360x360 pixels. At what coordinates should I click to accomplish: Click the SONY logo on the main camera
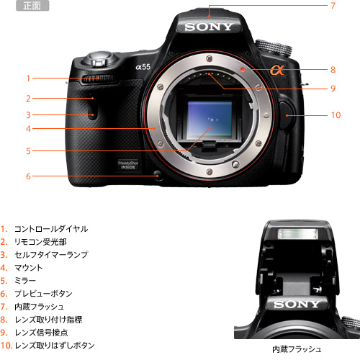[x=210, y=27]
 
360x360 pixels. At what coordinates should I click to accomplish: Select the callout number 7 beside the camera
[x=333, y=6]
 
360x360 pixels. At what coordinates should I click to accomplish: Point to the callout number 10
[x=335, y=114]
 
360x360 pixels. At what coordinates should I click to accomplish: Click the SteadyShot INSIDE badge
[x=129, y=165]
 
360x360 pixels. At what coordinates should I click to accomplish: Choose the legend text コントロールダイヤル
[x=51, y=229]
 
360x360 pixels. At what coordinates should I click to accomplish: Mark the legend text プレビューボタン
[x=42, y=294]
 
